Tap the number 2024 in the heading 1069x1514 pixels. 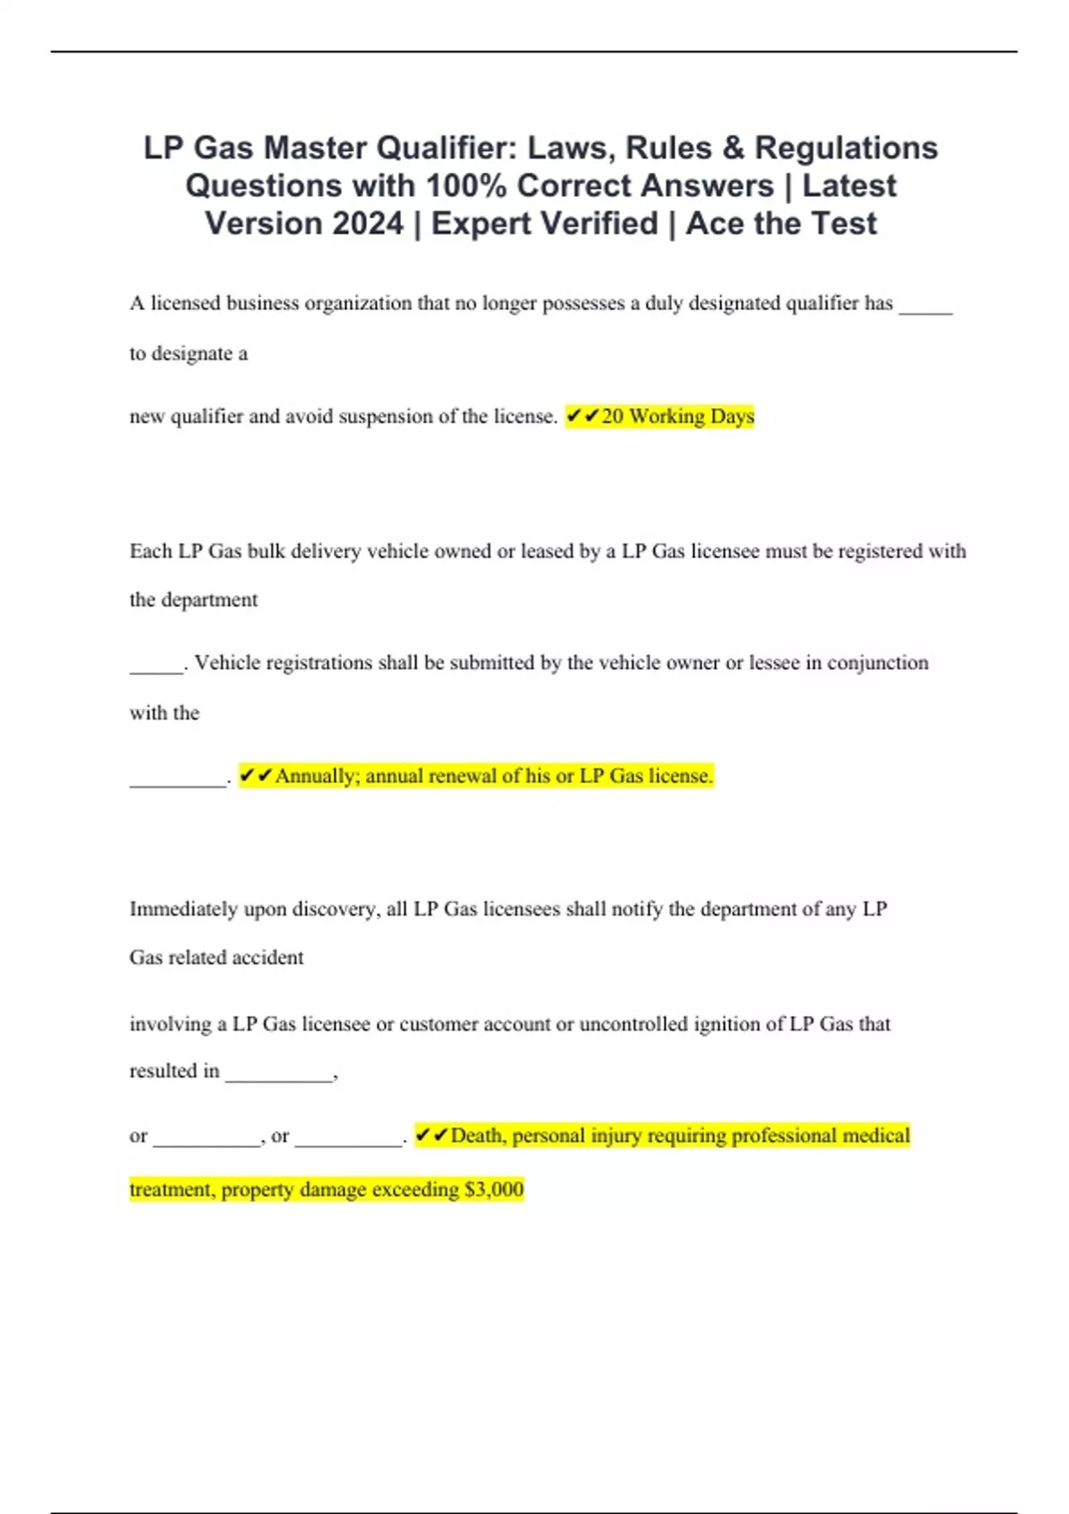click(368, 224)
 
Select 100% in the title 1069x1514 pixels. click(467, 186)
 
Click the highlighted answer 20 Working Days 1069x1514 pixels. click(678, 417)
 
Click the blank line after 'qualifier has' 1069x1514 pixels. click(926, 310)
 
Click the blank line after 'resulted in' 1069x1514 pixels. click(279, 1078)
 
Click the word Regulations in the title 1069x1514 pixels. click(846, 148)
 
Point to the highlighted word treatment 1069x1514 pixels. click(172, 1190)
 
